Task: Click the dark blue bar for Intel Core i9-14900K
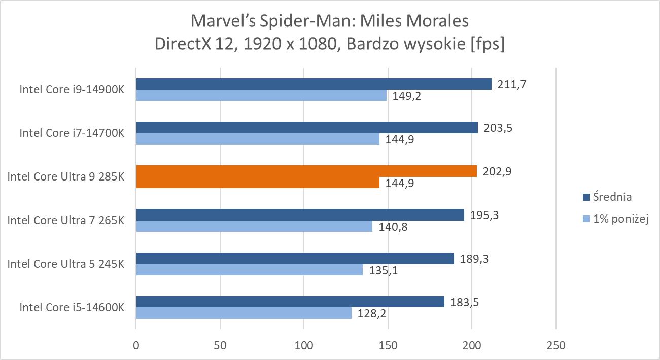[314, 84]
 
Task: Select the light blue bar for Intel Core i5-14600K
[244, 313]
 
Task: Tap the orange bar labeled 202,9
[306, 171]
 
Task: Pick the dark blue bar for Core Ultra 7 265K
[300, 214]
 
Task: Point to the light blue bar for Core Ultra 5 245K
[249, 270]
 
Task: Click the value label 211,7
[511, 84]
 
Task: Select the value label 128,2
[372, 314]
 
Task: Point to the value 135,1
[383, 270]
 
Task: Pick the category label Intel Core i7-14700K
[72, 133]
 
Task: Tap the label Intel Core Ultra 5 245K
[66, 264]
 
